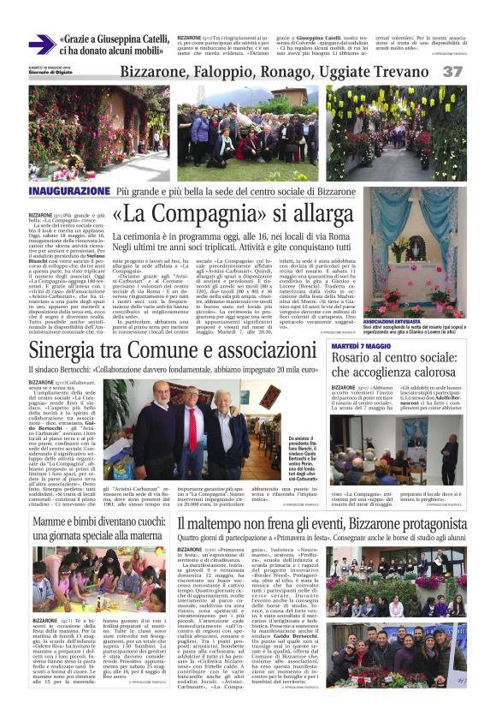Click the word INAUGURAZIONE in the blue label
click(x=69, y=191)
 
